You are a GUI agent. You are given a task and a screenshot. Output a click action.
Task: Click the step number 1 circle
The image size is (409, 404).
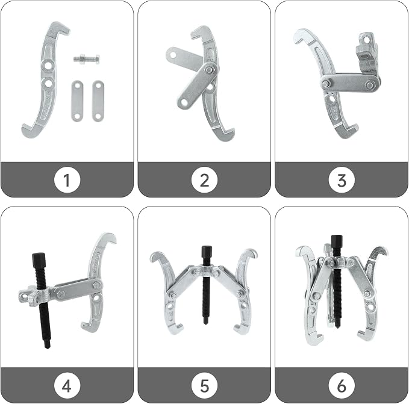tap(67, 180)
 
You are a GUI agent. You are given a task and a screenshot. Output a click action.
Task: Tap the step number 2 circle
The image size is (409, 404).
tap(204, 180)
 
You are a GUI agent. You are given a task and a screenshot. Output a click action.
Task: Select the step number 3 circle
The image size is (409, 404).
tap(342, 180)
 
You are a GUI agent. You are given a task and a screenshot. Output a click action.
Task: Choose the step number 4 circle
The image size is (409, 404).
tap(67, 385)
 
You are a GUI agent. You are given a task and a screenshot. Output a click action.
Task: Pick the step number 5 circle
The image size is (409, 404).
tap(204, 385)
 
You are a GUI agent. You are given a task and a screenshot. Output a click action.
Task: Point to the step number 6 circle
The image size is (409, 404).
tap(342, 385)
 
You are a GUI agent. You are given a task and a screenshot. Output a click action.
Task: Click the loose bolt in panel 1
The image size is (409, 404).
tap(86, 60)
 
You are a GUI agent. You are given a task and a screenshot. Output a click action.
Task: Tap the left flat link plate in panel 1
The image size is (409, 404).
tap(77, 101)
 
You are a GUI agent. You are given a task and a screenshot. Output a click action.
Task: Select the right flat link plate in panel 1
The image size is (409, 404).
tap(98, 101)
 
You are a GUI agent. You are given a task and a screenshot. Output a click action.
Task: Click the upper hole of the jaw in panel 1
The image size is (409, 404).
tap(48, 66)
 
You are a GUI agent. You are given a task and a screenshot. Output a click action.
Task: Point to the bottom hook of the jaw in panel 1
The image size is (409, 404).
tap(30, 131)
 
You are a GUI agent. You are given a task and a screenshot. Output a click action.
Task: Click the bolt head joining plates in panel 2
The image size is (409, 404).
tap(208, 70)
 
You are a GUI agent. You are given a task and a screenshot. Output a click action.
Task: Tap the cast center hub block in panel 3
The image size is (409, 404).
tap(367, 55)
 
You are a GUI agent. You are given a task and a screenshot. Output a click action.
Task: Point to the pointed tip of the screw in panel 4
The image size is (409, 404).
tap(47, 346)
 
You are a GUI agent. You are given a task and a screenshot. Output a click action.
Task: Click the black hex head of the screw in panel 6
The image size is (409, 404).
tap(337, 243)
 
